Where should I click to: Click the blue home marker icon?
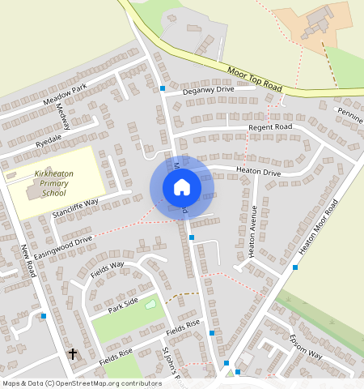(x=182, y=187)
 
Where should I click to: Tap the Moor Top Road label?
(x=255, y=78)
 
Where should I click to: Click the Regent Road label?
(x=271, y=127)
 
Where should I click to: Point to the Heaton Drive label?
(x=258, y=171)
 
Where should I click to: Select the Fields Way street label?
(x=107, y=271)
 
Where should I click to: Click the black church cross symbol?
(x=72, y=354)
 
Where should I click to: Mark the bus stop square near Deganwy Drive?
(x=163, y=88)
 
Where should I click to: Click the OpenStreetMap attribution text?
(x=71, y=383)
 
